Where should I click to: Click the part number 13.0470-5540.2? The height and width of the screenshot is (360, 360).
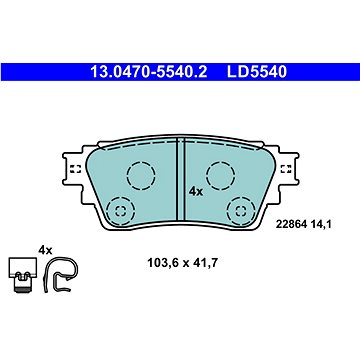(x=149, y=72)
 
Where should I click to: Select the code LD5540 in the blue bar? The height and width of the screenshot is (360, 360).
(x=257, y=72)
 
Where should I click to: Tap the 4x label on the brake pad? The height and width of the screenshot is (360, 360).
(x=196, y=192)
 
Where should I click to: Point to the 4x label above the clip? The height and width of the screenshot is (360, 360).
(x=45, y=250)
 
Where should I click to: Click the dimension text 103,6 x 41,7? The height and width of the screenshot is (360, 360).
(x=183, y=263)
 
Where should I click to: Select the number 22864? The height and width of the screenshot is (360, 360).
(x=291, y=225)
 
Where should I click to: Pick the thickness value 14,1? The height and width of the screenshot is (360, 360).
(x=321, y=225)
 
